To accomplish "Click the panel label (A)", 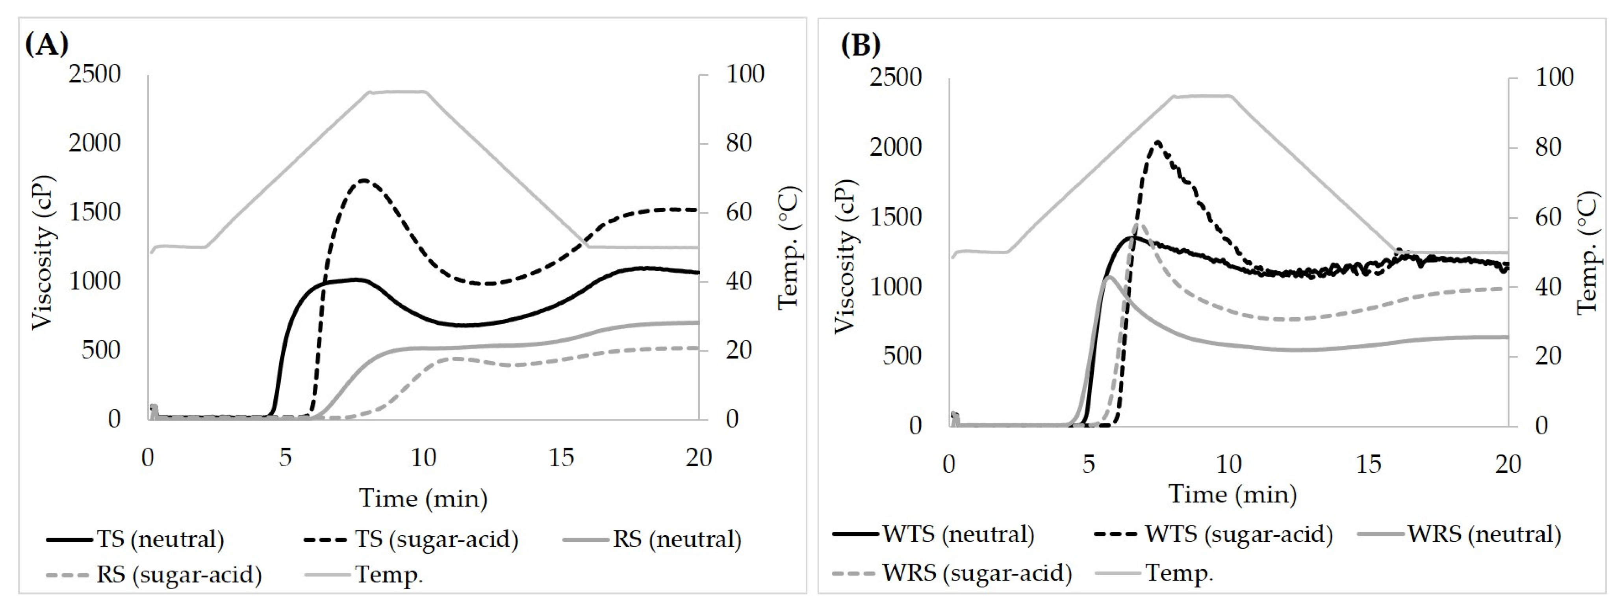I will tap(46, 45).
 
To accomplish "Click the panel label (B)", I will tap(861, 45).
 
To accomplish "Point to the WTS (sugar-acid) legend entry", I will tap(1213, 534).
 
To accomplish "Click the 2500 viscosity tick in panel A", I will tap(95, 74).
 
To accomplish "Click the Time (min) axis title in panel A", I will tap(423, 499).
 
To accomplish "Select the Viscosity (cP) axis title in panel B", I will tap(846, 255).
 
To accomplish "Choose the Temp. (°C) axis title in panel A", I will tap(788, 247).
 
